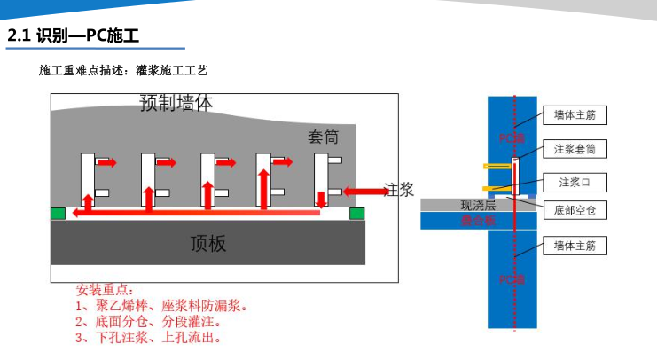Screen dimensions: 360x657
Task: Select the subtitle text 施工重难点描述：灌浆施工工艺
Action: point(123,69)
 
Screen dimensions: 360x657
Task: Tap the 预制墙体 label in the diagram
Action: point(176,103)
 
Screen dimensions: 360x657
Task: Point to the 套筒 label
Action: point(323,137)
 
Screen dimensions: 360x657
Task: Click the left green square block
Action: point(59,213)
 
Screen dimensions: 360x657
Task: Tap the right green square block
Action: point(357,213)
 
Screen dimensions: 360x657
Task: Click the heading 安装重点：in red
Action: point(106,290)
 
